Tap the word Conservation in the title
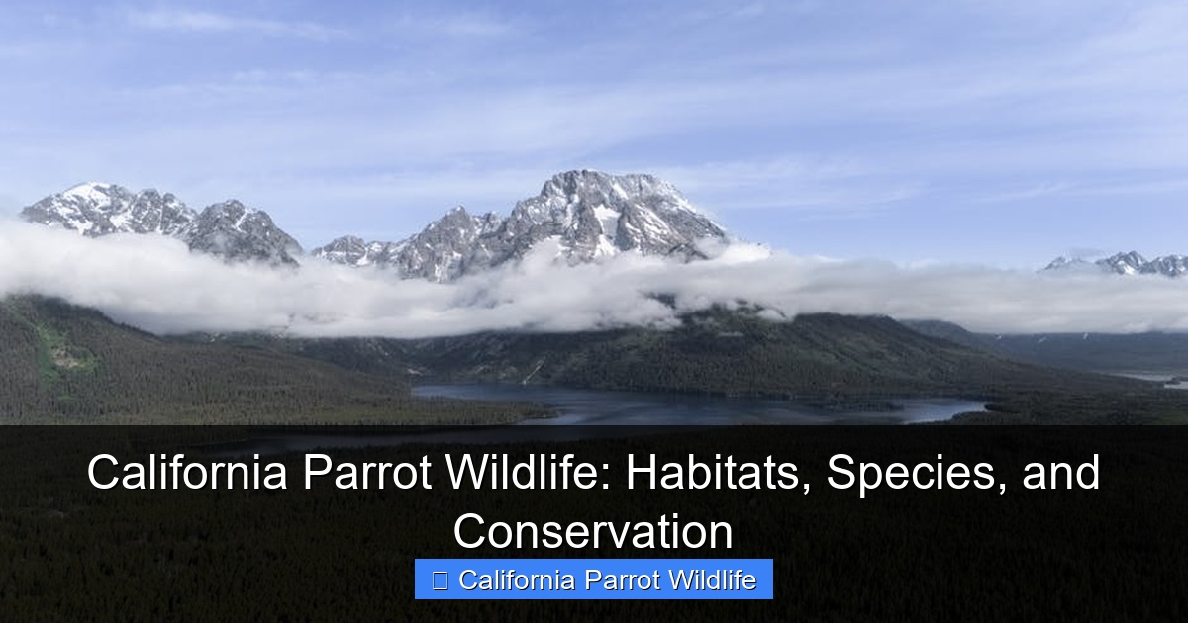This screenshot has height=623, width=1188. coord(593,531)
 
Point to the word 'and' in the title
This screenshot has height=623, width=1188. coord(1060,472)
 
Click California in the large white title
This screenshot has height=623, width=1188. coord(187,472)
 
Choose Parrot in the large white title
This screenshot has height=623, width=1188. coord(367,472)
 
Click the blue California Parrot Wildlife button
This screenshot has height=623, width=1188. coord(593,579)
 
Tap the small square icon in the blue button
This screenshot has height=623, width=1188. coord(440,580)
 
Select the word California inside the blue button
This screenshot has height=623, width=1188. coord(517,579)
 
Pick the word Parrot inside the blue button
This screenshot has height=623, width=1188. coord(622,579)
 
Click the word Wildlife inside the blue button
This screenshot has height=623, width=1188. coord(712,579)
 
